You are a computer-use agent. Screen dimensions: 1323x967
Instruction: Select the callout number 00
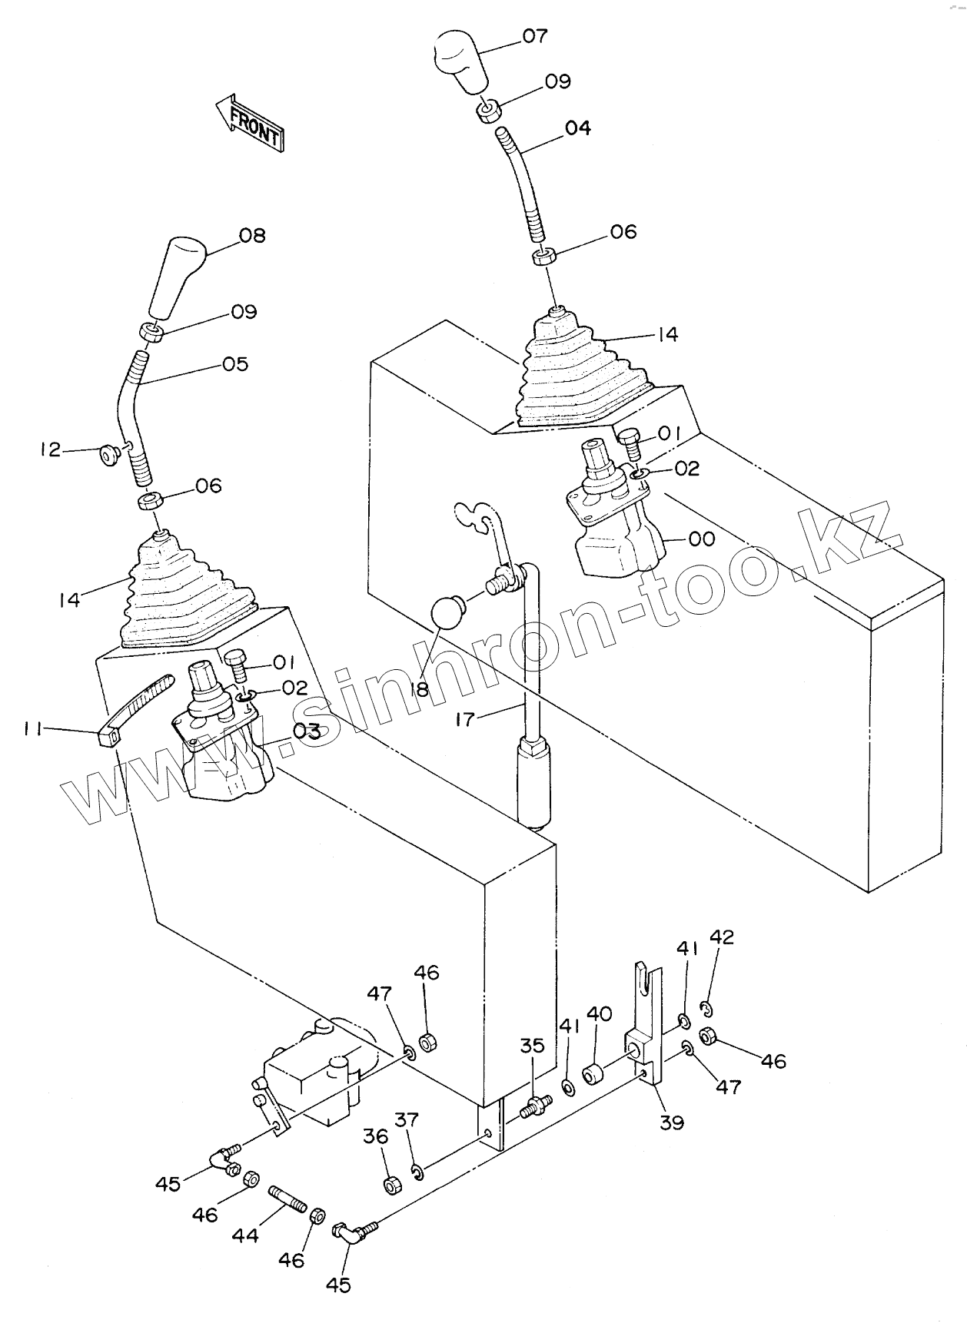[x=701, y=539]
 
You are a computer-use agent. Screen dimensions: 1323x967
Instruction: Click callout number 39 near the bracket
[x=672, y=1122]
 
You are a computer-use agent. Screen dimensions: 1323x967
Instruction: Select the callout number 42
[x=722, y=937]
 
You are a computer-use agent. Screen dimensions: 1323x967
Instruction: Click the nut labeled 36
[x=390, y=1185]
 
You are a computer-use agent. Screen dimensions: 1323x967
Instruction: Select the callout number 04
[x=577, y=128]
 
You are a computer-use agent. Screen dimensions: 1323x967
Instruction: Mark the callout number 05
[x=236, y=363]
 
